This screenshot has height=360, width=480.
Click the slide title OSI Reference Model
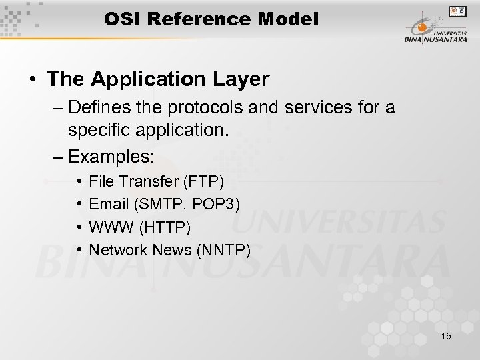coord(211,19)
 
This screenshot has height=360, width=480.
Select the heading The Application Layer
coord(159,80)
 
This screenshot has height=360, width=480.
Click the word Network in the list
coord(116,250)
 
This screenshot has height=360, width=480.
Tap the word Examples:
coord(111,157)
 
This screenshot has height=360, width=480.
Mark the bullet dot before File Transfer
coord(79,181)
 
